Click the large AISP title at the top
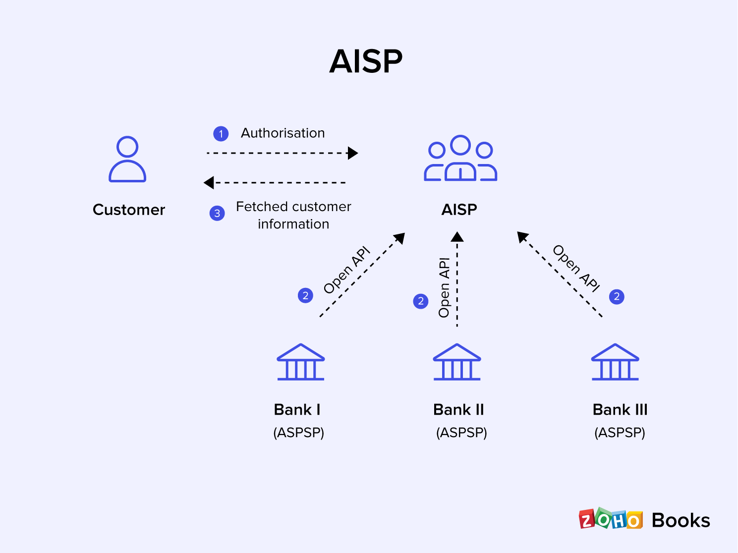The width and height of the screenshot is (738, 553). (366, 61)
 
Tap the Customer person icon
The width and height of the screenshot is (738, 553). (127, 159)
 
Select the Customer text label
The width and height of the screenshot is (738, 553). (129, 210)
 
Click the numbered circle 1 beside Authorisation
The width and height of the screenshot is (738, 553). (221, 134)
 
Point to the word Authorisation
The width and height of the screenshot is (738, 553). (283, 133)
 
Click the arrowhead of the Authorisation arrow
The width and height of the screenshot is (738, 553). (353, 153)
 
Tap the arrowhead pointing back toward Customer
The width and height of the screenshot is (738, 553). (209, 183)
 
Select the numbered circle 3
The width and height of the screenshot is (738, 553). (217, 214)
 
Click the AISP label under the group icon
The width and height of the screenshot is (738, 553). (459, 210)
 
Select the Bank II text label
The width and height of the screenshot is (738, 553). (458, 410)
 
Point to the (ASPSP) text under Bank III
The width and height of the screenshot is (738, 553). (620, 433)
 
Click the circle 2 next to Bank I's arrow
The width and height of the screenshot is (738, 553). (305, 296)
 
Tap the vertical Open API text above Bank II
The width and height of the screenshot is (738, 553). (444, 287)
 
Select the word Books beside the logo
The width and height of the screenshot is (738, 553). (681, 520)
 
